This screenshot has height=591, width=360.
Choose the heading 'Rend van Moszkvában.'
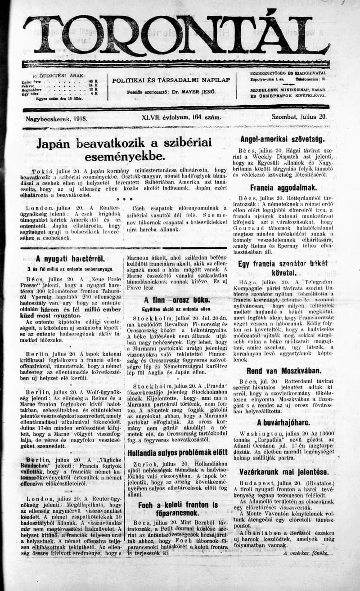(x=283, y=371)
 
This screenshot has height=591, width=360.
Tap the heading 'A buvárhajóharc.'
(x=283, y=422)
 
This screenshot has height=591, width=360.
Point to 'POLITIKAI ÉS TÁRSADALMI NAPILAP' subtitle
(x=171, y=80)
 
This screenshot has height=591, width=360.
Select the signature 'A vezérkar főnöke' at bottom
(x=306, y=553)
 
